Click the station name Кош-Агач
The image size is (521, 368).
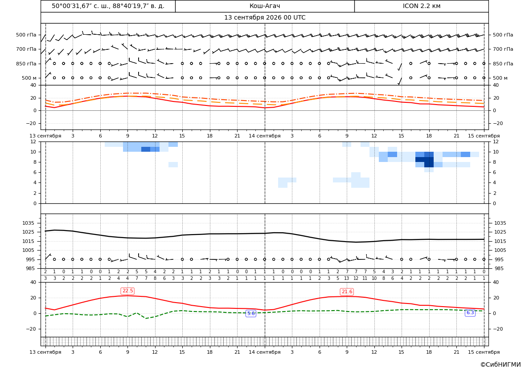(264, 6)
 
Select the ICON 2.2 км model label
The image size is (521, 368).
(421, 6)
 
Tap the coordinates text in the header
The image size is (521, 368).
(108, 6)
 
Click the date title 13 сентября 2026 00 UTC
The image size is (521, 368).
(264, 18)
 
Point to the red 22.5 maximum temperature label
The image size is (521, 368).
(127, 291)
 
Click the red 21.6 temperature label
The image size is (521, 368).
(347, 291)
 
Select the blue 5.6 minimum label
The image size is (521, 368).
(251, 313)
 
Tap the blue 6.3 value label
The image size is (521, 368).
(470, 312)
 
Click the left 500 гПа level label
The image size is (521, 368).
(26, 35)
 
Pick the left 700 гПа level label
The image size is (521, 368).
(26, 49)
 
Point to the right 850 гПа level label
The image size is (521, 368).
(503, 64)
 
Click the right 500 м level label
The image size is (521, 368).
(500, 78)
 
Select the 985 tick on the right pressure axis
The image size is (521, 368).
(498, 268)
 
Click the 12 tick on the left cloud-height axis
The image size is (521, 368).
(33, 142)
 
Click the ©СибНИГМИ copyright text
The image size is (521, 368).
(500, 364)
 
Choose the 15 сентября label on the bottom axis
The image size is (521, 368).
(484, 352)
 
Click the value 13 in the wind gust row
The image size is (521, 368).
(347, 279)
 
